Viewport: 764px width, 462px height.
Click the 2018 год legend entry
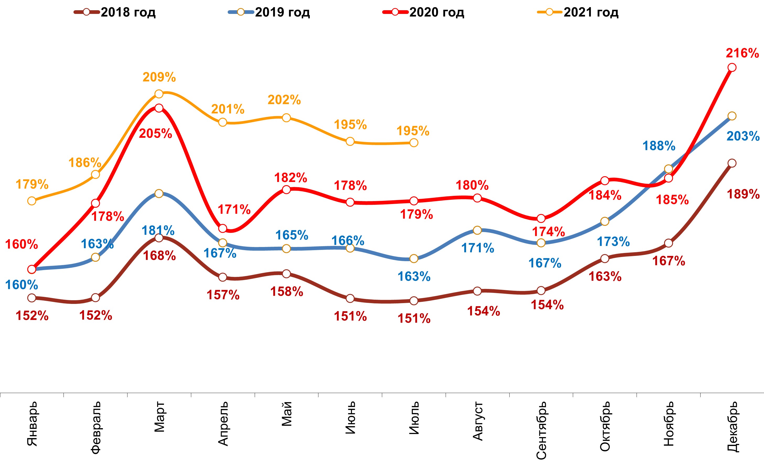(115, 12)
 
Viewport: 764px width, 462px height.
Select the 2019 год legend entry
(269, 12)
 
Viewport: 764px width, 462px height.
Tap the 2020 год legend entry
(423, 12)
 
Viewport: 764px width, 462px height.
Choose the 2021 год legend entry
(578, 12)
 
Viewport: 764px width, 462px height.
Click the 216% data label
(742, 53)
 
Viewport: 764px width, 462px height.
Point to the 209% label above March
(159, 77)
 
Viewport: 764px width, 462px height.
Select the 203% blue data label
(743, 136)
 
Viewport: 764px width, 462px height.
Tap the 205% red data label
(155, 134)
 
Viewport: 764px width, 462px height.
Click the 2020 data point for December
(732, 67)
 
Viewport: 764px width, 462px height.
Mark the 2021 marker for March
(159, 94)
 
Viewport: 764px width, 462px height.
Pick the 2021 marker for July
(414, 143)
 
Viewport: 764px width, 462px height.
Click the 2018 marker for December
(732, 163)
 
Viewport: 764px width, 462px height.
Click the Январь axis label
(32, 424)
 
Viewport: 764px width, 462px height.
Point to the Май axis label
(287, 414)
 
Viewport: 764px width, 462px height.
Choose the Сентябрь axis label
(541, 430)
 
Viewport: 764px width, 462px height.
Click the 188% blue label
(659, 146)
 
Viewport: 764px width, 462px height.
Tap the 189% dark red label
(743, 194)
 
